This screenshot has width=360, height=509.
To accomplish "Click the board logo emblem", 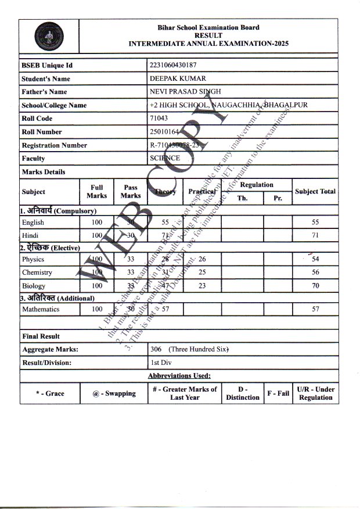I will [49, 36].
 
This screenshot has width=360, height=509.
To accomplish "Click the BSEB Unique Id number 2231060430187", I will [177, 65].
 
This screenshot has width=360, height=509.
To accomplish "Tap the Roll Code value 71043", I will [159, 119].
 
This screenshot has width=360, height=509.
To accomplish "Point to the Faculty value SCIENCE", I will [165, 158].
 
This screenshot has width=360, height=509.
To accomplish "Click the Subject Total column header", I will [315, 191].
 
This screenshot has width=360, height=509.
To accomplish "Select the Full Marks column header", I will [96, 192].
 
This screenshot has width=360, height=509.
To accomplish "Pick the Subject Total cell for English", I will [315, 223].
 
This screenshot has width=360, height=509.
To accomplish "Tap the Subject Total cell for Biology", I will [315, 286].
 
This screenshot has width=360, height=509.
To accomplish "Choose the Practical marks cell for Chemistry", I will [202, 273].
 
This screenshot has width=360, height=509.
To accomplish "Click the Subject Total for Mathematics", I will [315, 309].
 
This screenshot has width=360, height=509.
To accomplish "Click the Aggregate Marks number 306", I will [156, 349].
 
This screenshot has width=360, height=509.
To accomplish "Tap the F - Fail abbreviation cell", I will [278, 393].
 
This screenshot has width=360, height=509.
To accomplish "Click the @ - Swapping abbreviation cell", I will [114, 393].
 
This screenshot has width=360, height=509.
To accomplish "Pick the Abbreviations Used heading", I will [179, 376].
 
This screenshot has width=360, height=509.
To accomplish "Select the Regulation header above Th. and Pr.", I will [256, 185].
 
